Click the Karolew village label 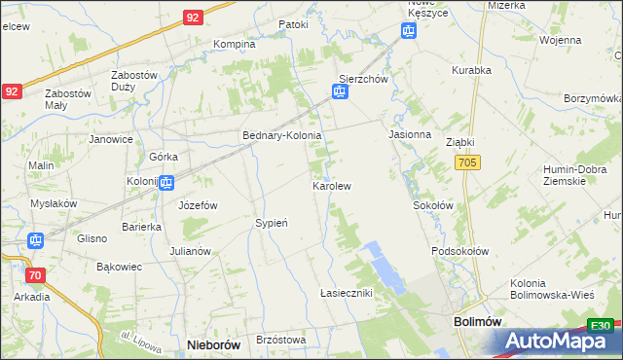pos(331,185)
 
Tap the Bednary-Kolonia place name pos(281,136)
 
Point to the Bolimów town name pos(477,320)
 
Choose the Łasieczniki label pos(347,293)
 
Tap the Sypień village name pos(272,223)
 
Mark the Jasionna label pos(410,134)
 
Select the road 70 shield pos(35,275)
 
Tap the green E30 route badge pos(601,326)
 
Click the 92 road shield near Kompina pos(192,18)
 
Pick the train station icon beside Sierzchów pos(339,92)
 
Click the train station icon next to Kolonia pos(167,182)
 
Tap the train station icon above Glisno pos(35,240)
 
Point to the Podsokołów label pos(460,250)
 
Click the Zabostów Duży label pos(134,81)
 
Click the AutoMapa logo pos(555,341)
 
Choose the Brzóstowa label pos(280,340)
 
